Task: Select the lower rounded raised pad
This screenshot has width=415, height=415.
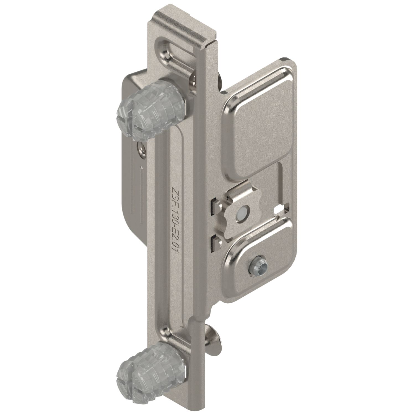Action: pos(257,257)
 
